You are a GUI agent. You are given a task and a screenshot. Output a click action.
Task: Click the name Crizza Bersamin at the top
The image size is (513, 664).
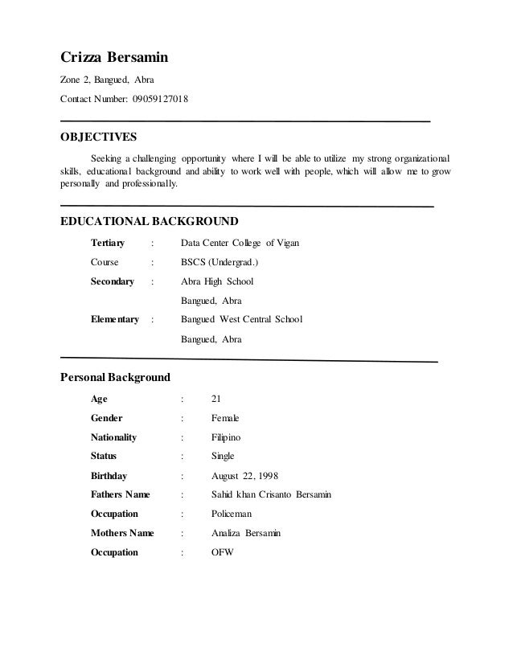(115, 57)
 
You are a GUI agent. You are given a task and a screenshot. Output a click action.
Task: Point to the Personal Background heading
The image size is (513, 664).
(115, 376)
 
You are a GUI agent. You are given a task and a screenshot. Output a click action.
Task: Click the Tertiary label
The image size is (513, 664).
(108, 244)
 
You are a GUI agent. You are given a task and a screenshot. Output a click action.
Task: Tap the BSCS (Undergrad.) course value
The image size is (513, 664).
(220, 262)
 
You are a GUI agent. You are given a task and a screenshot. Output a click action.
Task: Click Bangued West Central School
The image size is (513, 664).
(242, 320)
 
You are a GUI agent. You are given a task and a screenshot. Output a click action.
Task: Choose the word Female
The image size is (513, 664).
(225, 418)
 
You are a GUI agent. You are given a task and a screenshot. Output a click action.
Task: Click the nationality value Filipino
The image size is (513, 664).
(226, 437)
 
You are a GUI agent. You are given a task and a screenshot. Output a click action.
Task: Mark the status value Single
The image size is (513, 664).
(223, 457)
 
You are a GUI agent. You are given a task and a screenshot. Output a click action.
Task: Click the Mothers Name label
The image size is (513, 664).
(123, 533)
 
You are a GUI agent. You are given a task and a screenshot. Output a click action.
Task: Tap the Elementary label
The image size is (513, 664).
(115, 320)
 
